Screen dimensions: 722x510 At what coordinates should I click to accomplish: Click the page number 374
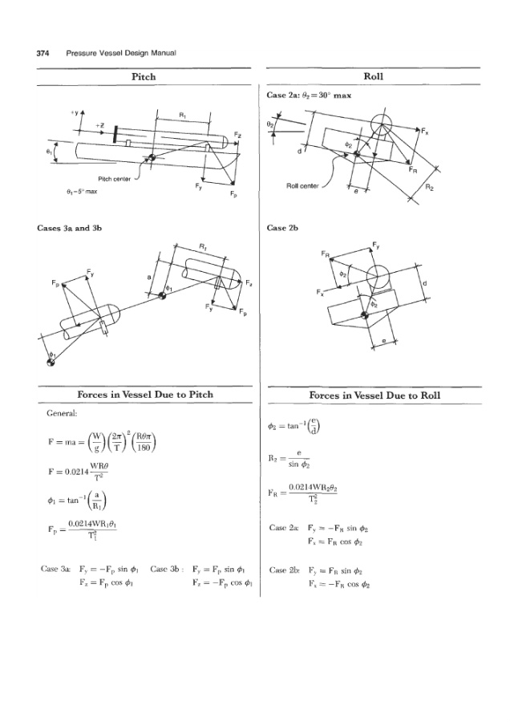[43, 53]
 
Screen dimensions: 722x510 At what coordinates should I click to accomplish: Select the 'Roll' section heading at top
[374, 76]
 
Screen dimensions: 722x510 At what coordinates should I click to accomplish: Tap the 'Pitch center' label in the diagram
[113, 180]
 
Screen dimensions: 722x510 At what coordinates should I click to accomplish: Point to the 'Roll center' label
[302, 187]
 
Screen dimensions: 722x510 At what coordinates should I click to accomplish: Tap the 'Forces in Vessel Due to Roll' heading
[374, 395]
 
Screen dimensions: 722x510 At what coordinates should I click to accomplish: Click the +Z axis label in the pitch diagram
[99, 125]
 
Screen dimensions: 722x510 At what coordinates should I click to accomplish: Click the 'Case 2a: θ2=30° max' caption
[310, 95]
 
